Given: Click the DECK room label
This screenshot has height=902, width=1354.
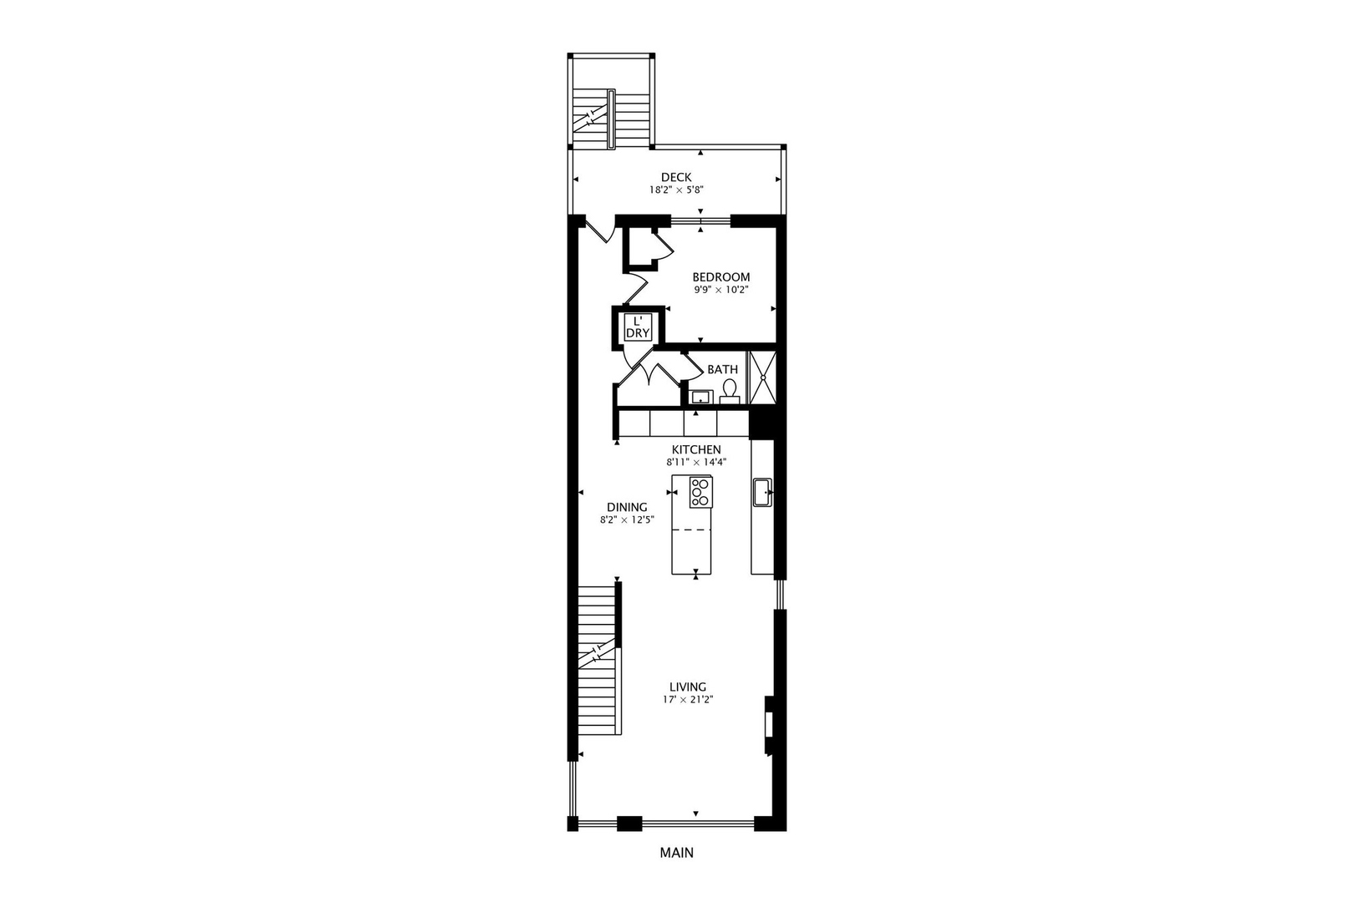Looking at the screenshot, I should [x=676, y=177].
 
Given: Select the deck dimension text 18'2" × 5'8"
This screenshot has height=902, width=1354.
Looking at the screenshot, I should [x=676, y=190].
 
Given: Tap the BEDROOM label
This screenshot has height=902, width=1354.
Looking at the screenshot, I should [x=720, y=277].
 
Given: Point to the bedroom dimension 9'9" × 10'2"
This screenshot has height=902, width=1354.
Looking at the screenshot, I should [x=720, y=290].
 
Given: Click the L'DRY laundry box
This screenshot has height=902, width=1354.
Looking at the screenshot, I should [x=638, y=327].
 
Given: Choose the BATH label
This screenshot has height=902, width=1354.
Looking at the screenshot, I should [x=722, y=369].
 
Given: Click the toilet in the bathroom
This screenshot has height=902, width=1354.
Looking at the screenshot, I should [x=730, y=391].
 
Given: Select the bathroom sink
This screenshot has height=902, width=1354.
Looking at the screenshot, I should [x=700, y=396].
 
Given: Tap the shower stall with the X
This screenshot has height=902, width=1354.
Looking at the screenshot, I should [x=762, y=378].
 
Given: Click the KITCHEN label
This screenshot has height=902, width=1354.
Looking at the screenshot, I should [x=696, y=449].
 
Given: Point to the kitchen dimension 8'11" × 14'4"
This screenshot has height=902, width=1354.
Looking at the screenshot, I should [x=696, y=462].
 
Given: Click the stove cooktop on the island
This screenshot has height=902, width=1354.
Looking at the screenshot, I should [x=700, y=492].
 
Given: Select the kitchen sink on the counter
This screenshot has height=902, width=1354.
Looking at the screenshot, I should [x=762, y=492].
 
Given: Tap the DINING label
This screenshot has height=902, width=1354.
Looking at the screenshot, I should [x=627, y=507].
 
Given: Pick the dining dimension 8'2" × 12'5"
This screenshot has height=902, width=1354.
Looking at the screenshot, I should [x=627, y=519].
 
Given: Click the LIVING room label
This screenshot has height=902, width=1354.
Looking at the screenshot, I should [x=688, y=687].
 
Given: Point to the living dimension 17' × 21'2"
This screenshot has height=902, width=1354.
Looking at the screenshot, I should [x=688, y=700].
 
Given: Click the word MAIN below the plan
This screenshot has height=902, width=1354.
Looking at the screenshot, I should [x=676, y=853].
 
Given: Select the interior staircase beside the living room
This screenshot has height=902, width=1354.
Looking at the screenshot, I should [x=599, y=660].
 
